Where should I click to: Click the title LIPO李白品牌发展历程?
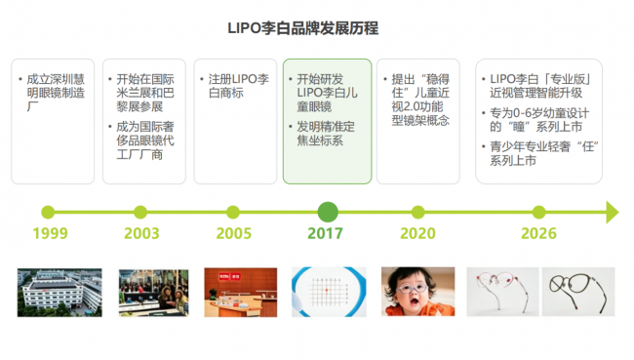[302, 28]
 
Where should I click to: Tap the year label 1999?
[50, 233]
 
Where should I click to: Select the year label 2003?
[141, 233]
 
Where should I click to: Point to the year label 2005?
[234, 233]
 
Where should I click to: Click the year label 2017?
[325, 233]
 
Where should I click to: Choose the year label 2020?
[417, 233]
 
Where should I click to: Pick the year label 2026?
[538, 233]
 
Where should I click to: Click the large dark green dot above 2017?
[328, 212]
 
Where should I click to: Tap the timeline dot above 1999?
[48, 212]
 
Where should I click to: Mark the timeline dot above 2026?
[538, 212]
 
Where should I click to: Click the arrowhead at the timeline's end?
[613, 212]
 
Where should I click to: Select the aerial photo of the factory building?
[59, 293]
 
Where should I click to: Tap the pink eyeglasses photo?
[502, 292]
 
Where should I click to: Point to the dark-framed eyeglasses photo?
[578, 292]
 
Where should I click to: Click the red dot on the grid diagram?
[327, 290]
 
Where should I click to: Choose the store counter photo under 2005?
[241, 293]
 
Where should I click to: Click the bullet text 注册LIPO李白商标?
[238, 86]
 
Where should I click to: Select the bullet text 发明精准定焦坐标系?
[326, 134]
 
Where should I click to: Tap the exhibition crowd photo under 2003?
[154, 293]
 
